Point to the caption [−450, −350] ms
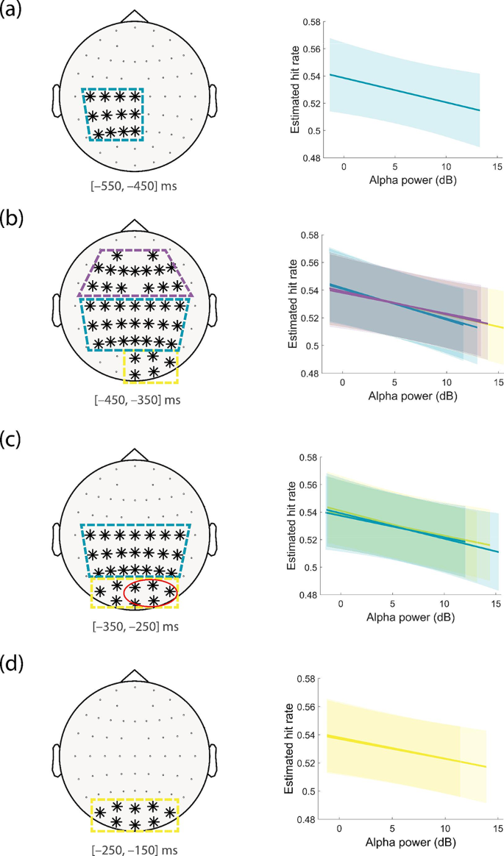pos(132,401)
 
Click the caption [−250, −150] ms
pos(132,848)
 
